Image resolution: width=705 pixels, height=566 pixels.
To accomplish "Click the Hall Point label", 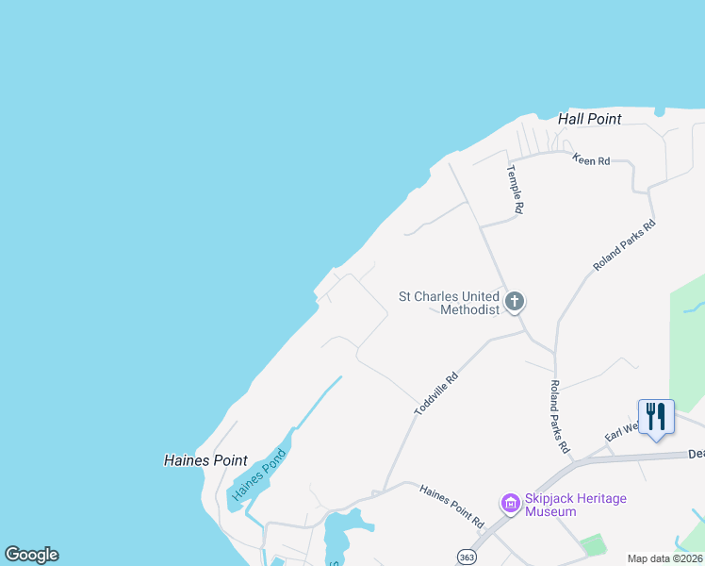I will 589,119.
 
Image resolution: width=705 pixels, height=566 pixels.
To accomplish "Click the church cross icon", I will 514,302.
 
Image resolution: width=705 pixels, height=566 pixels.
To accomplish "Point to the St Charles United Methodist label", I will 449,303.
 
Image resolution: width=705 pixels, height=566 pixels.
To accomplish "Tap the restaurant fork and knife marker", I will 656,416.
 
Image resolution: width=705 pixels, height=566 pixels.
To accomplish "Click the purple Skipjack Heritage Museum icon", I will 511,504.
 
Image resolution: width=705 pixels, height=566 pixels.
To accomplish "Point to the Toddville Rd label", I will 435,393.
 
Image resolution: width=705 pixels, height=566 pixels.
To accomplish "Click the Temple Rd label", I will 515,189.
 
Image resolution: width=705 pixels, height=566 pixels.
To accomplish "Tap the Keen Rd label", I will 591,161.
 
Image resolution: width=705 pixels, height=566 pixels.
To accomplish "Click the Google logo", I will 31,555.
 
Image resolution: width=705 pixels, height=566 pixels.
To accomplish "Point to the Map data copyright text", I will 664,558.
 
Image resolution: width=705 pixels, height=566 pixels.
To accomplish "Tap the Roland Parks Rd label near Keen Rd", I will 624,246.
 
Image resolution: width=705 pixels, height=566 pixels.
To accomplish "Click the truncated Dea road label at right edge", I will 696,454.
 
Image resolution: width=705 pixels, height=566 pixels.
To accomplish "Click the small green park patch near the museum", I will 593,544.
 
